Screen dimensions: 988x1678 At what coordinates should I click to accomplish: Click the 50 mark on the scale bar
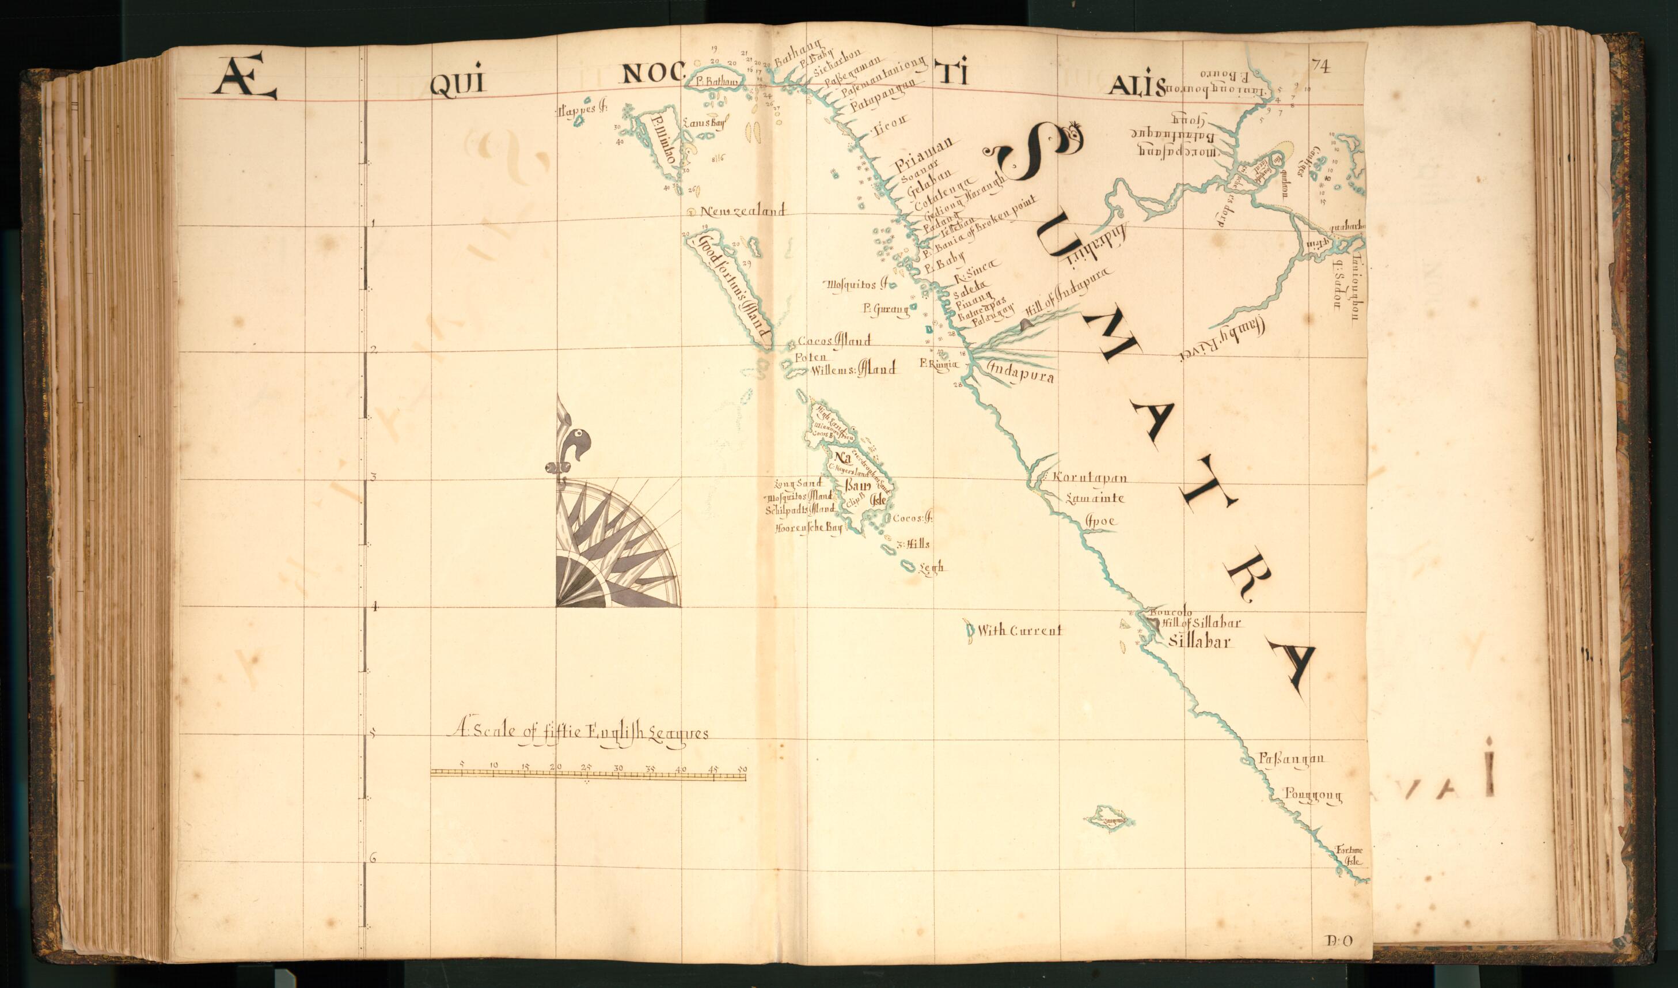tap(743, 769)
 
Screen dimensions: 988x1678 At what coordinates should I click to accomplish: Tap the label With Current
tap(1019, 630)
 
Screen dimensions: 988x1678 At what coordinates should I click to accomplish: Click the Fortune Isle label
tap(1350, 855)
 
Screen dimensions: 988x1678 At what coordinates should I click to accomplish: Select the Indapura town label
tap(1020, 374)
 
